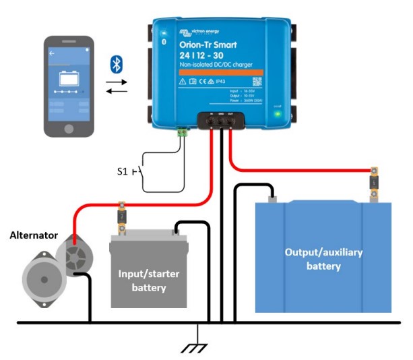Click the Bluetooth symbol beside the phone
coord(117,65)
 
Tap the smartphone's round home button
coord(68,127)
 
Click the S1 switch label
coord(123,171)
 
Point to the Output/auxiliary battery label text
coord(323,259)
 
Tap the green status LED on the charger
coord(278,113)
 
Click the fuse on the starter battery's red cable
coord(122,216)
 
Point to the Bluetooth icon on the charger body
coord(163,42)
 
